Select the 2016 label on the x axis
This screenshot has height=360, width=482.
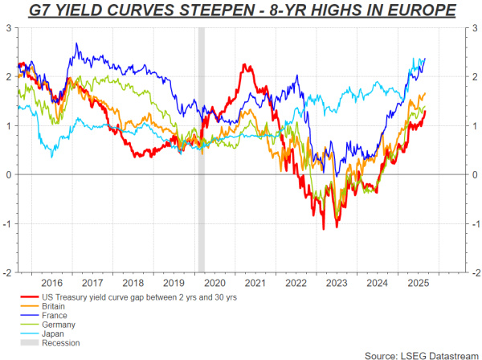coord(51,282)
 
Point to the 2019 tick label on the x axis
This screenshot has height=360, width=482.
coord(174,282)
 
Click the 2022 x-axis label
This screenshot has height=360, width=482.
coord(296,282)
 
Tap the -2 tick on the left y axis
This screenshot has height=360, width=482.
coord(6,272)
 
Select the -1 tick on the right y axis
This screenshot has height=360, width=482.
coord(472,223)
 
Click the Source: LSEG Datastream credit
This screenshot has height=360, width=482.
coord(422,354)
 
